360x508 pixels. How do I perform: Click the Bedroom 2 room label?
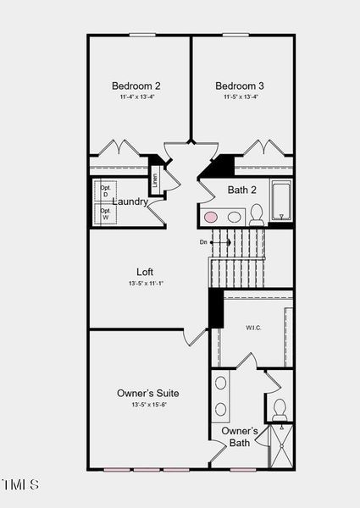pos(136,86)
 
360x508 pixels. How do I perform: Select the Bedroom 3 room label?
pos(240,86)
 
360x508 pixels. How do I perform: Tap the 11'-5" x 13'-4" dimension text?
pos(240,97)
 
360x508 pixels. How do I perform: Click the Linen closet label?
pos(155,179)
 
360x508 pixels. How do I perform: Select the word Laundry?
pos(130,202)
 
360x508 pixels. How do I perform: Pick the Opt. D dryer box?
pos(105,192)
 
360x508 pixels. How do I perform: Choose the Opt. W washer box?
pos(105,214)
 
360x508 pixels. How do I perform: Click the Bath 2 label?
pos(242,190)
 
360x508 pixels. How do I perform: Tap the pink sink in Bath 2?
pos(211,217)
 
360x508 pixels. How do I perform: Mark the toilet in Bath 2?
pos(256,215)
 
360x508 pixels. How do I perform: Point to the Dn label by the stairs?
pos(203,242)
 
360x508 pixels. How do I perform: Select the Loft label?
pos(145,272)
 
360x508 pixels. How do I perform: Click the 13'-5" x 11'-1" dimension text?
pos(145,284)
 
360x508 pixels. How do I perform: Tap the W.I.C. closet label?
pos(253,327)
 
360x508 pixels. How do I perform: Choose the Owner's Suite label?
pos(148,393)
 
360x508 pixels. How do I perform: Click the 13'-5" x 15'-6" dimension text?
pos(148,405)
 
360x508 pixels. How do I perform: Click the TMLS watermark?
pos(20,485)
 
